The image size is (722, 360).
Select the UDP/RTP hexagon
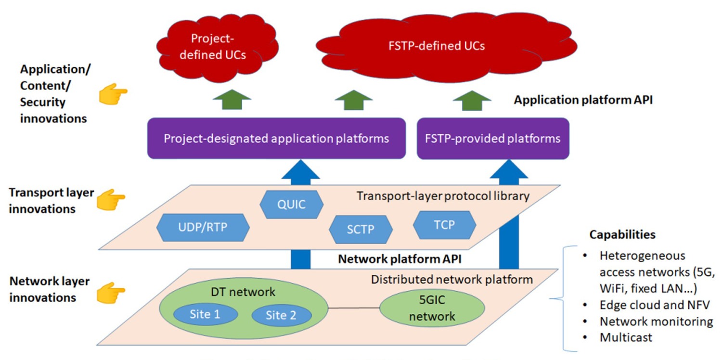tap(204, 227)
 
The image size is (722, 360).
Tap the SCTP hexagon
tap(361, 229)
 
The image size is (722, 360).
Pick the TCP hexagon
tap(444, 224)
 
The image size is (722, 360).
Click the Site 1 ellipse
tap(205, 314)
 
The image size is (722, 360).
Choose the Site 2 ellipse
tap(282, 315)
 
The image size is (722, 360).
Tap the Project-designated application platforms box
tap(276, 139)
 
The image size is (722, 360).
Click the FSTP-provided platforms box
tap(493, 139)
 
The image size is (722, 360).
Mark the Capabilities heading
tap(622, 235)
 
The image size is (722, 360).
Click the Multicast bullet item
tap(626, 337)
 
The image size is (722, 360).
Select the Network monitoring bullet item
tap(656, 321)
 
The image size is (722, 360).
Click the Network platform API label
tap(400, 259)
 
